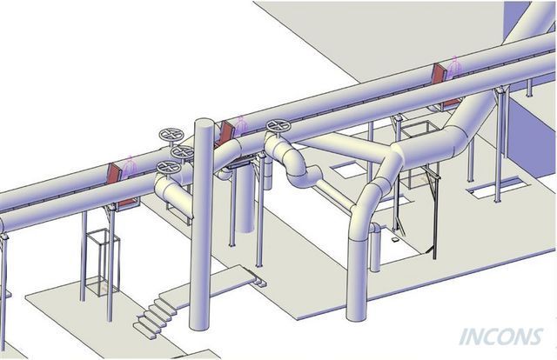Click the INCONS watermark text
[501, 337]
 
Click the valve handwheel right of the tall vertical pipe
[278, 126]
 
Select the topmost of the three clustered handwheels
[171, 135]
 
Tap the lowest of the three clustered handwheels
[169, 167]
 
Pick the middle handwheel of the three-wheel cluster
[183, 152]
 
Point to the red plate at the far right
[439, 74]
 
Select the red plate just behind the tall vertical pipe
[225, 132]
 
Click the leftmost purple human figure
[130, 165]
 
